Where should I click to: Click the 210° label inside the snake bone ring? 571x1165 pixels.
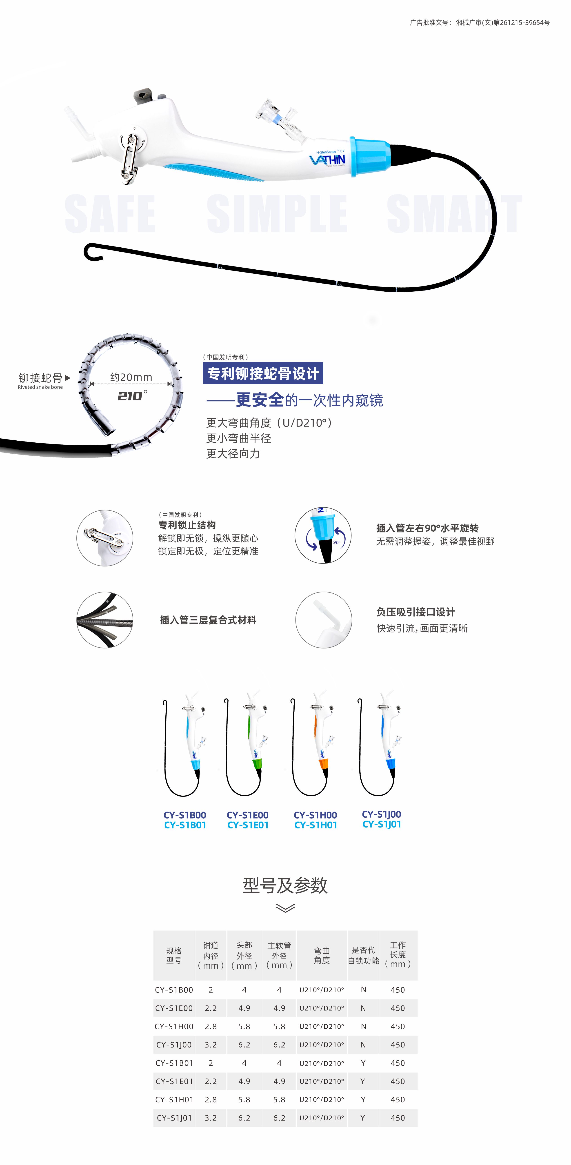132,396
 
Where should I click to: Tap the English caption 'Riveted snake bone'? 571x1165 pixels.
40,387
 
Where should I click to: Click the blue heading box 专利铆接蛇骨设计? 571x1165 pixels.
263,373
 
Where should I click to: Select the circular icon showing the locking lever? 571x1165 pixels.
105,538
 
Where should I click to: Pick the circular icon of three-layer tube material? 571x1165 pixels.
105,620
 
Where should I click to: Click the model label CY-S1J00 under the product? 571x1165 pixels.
381,814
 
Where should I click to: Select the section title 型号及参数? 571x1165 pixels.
285,885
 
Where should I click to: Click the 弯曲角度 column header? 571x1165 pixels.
322,955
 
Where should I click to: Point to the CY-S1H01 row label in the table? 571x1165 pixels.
174,1099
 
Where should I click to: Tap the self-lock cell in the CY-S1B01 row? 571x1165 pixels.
363,1063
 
